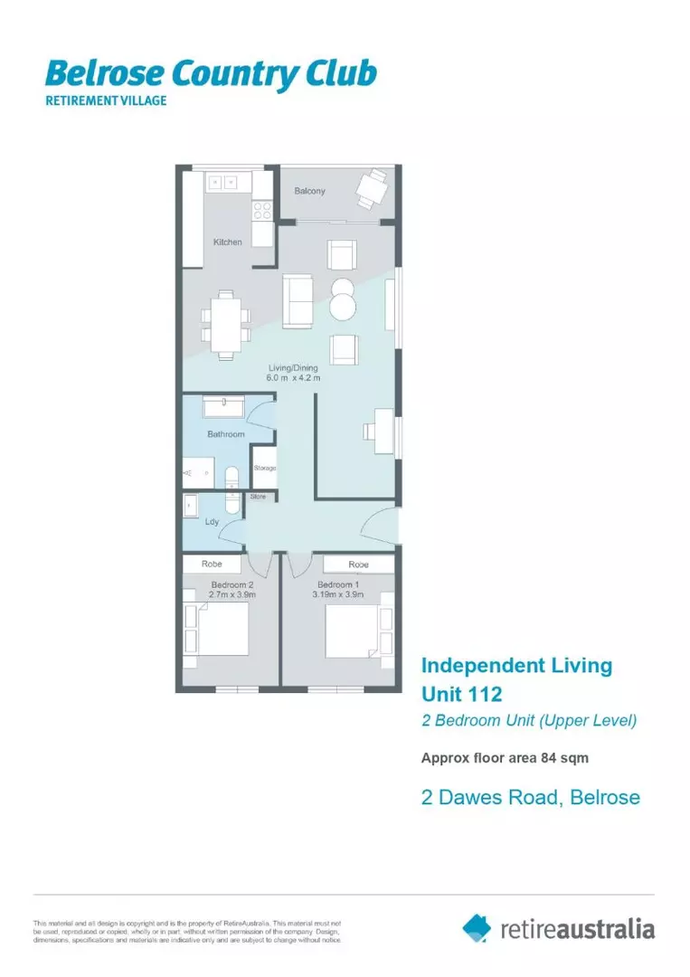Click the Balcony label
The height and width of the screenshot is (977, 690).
tap(309, 191)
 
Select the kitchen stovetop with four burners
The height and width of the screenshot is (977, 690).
tap(261, 210)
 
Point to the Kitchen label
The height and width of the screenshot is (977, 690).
tap(227, 242)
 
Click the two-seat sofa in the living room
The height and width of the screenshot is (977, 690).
tap(298, 300)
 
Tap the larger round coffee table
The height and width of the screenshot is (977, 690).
tap(345, 306)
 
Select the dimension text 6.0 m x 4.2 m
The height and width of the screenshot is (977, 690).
tap(293, 378)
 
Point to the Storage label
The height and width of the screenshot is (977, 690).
tap(264, 468)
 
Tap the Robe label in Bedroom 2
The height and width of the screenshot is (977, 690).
tap(212, 564)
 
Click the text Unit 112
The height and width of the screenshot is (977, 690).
tap(461, 695)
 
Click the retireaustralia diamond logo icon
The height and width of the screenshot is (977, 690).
tap(477, 926)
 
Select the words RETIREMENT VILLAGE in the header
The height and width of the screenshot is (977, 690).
tap(107, 100)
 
